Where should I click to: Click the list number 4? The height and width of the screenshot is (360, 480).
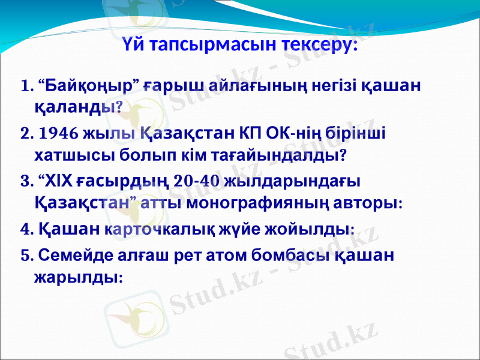click(x=24, y=230)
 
